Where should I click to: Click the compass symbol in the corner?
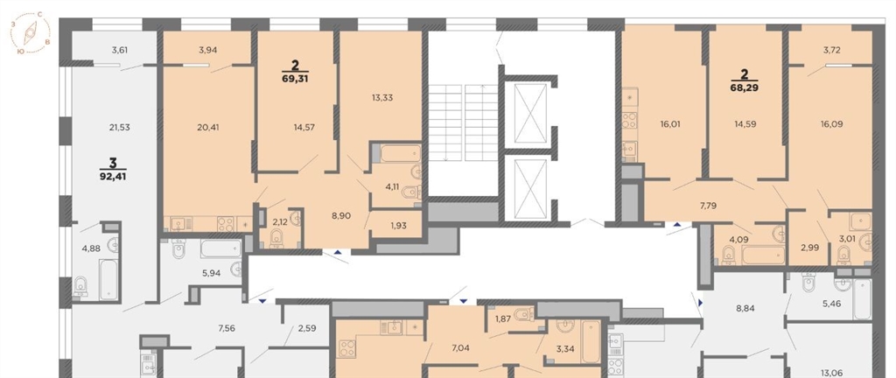(30, 33)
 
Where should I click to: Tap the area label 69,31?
(295, 79)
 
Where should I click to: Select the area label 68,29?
(745, 87)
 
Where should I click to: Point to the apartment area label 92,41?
(112, 176)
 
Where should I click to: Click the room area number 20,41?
(206, 128)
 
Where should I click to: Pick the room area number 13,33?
(381, 98)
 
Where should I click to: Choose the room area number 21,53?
(119, 128)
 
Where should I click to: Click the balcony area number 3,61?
(119, 50)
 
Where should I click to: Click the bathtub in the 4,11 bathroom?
(401, 153)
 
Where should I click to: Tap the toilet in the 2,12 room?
(276, 239)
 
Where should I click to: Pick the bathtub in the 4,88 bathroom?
(108, 279)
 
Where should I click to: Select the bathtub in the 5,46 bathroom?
(862, 298)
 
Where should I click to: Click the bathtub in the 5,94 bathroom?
(220, 248)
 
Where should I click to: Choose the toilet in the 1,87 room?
(523, 314)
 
